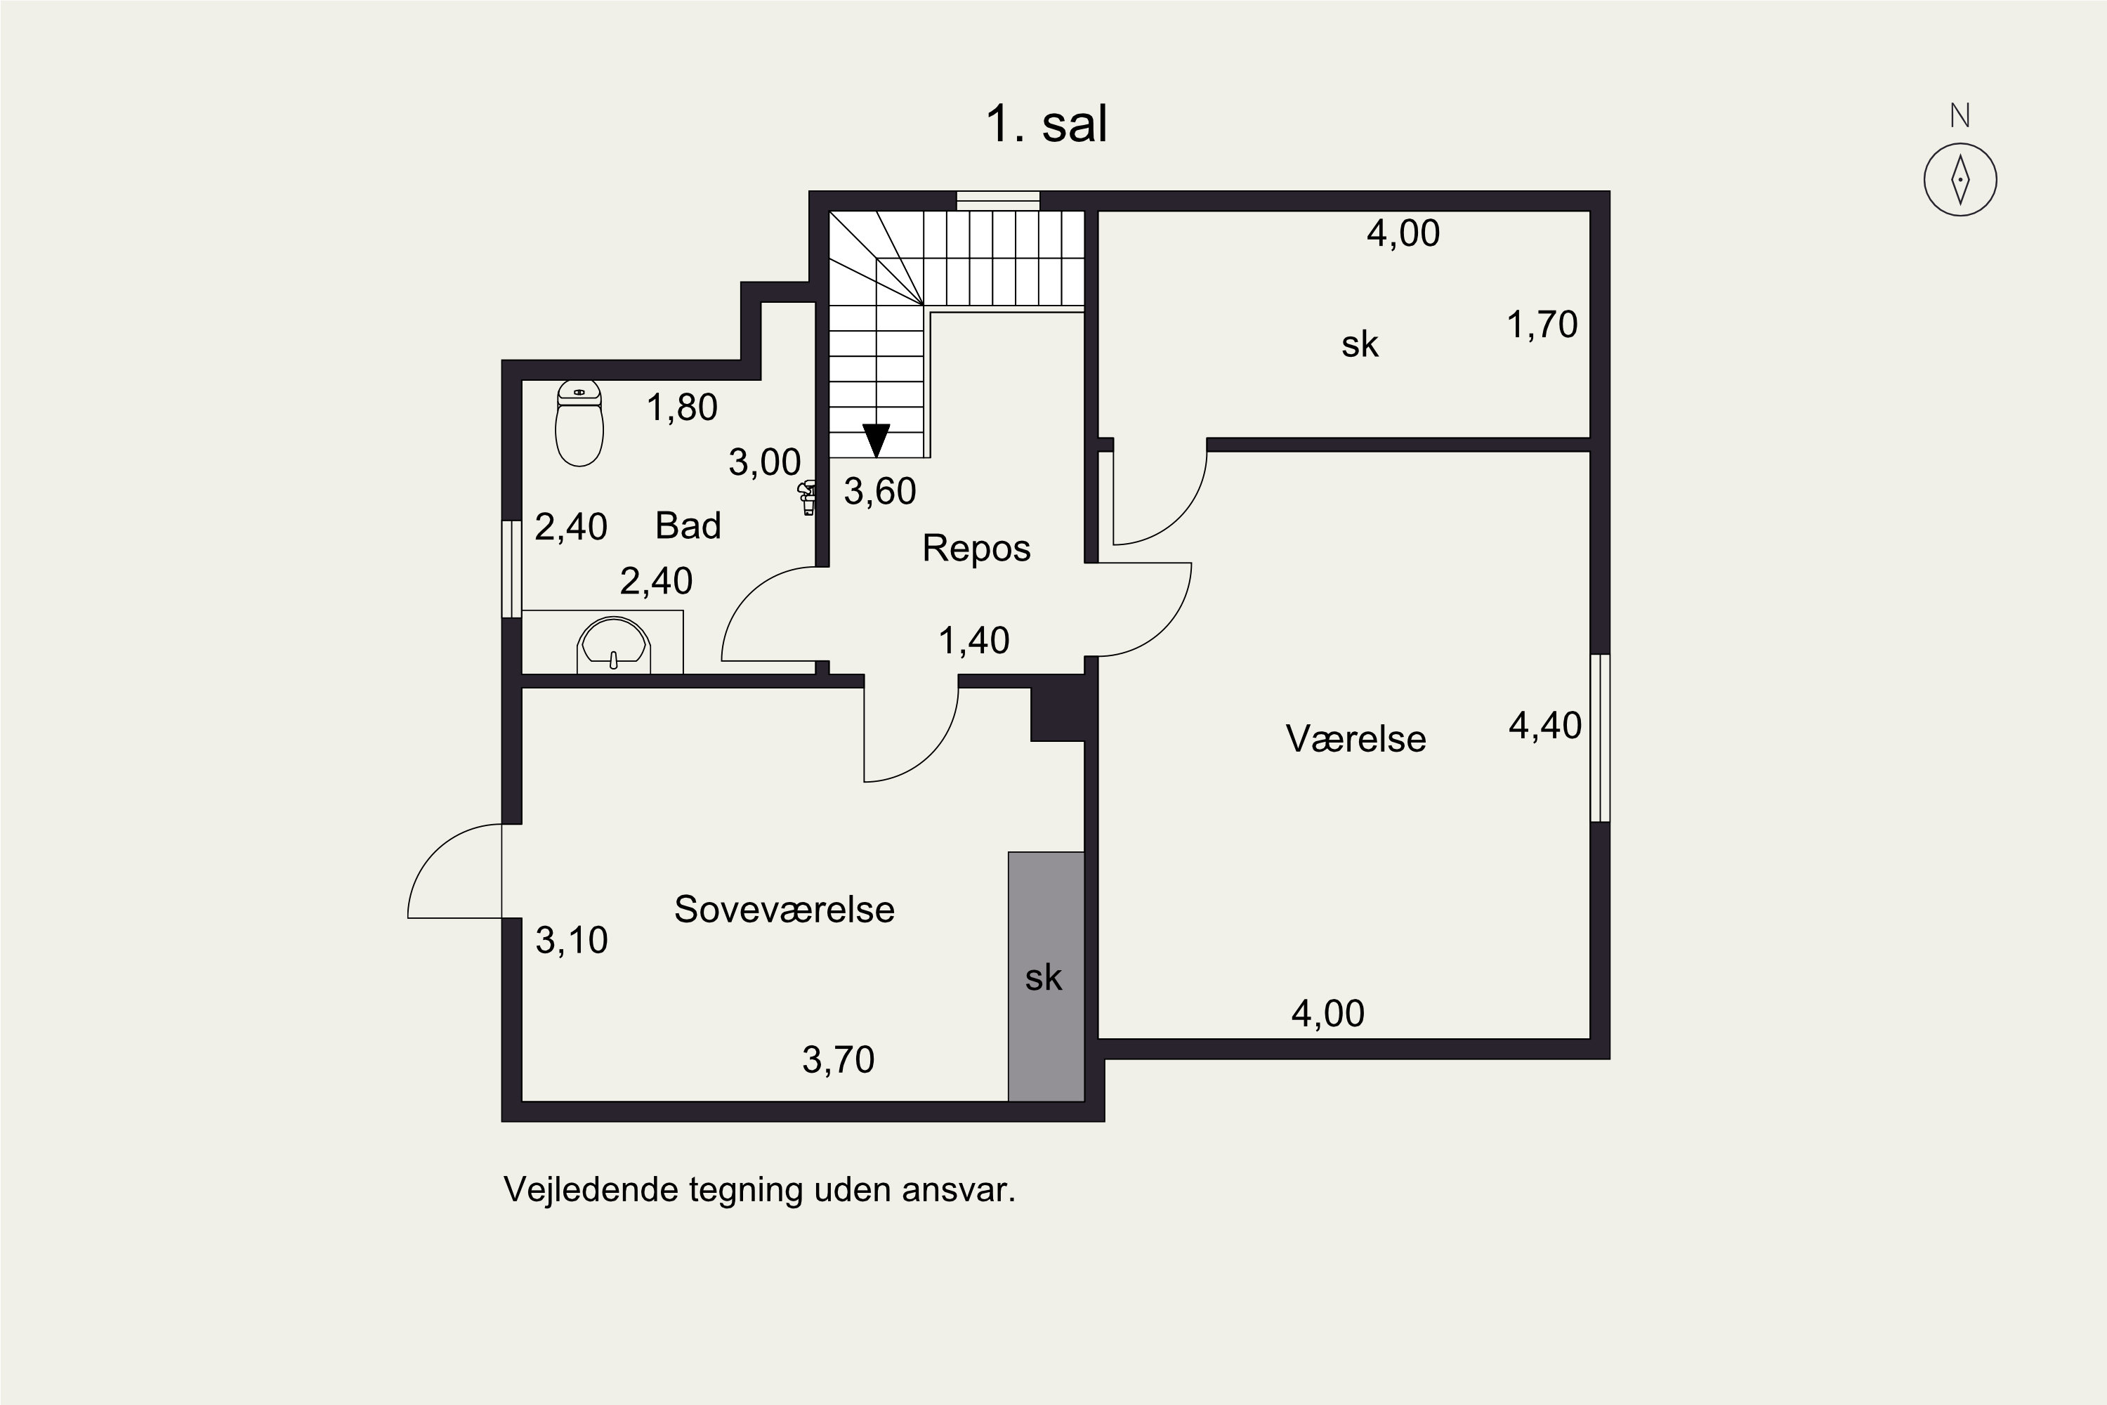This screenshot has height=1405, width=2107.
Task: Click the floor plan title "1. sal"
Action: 1046,124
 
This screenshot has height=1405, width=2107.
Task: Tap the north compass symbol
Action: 1960,179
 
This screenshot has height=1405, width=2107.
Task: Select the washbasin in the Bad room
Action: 614,643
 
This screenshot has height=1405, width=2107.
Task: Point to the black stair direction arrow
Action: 876,439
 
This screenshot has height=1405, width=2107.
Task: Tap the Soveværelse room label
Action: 784,910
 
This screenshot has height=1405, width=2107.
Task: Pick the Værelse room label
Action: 1356,739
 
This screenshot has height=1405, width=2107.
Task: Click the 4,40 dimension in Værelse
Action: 1545,726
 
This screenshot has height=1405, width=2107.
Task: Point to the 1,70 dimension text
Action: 1542,325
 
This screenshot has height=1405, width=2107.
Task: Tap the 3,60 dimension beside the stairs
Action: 880,492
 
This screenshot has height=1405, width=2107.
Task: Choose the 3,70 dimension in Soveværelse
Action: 838,1060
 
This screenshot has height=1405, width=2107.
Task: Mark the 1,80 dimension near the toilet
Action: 682,407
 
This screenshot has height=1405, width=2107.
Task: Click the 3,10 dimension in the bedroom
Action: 572,940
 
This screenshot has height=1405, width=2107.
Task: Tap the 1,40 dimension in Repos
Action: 973,641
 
